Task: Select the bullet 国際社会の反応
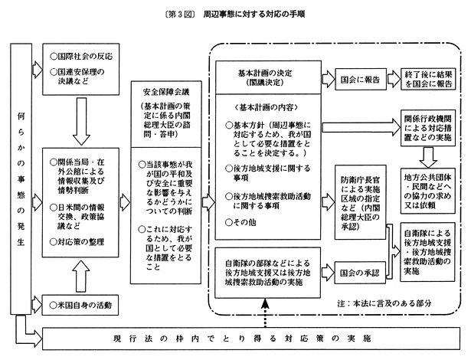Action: click(x=83, y=56)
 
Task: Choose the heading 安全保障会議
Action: click(x=161, y=90)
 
